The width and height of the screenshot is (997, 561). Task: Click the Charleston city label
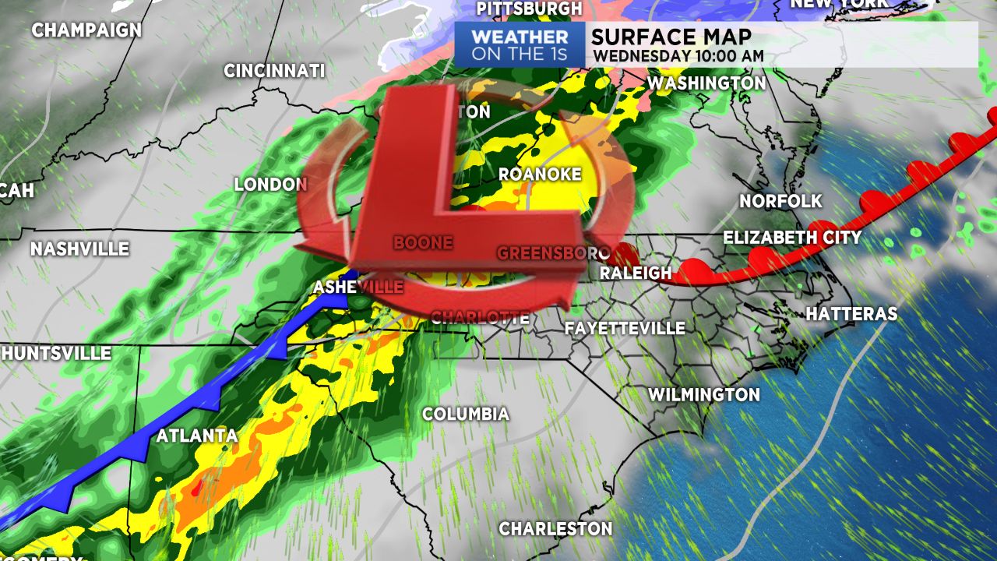555,528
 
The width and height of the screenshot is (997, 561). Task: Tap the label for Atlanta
197,436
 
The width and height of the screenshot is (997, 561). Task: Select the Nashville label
79,249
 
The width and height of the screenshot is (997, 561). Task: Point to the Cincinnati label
274,70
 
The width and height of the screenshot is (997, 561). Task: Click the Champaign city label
86,30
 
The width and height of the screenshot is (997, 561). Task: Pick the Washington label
706,82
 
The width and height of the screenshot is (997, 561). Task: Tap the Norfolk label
780,201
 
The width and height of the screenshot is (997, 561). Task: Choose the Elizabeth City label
792,238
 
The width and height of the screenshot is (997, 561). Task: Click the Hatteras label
851,314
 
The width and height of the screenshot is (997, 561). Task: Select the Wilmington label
704,394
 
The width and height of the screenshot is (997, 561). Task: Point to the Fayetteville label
625,328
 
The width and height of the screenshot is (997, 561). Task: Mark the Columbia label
466,414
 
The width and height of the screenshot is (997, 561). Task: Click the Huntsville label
56,353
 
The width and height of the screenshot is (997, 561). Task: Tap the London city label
271,185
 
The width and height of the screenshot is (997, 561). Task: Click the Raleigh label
636,273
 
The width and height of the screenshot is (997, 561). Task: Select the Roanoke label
540,174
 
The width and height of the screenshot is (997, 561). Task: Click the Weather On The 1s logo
520,44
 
